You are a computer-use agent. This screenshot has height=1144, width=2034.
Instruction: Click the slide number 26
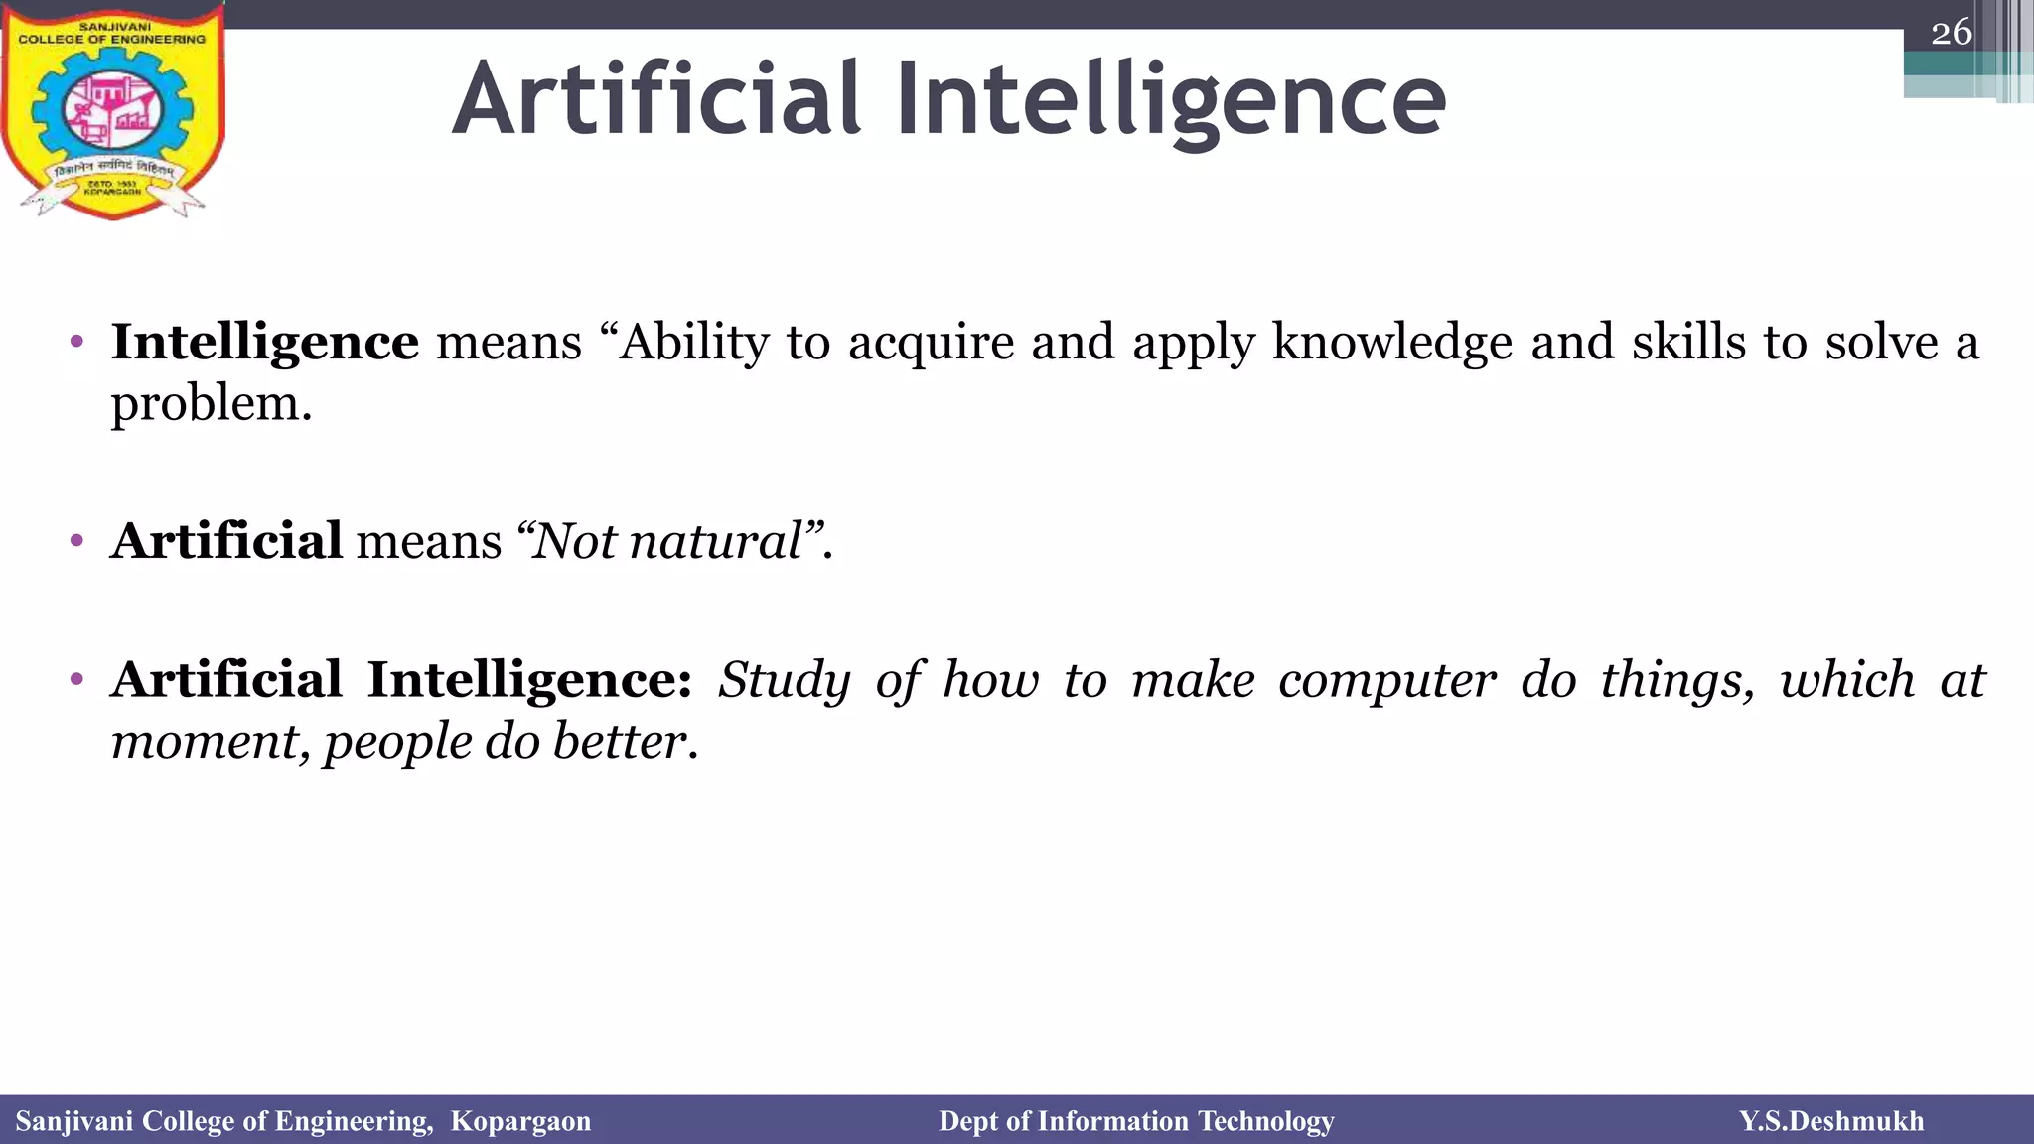click(x=1951, y=33)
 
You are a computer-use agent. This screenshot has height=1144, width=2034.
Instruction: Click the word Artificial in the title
click(x=656, y=99)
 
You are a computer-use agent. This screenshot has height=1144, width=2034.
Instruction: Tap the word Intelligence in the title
click(x=1171, y=99)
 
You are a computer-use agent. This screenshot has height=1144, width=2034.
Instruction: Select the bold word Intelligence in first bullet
click(x=264, y=343)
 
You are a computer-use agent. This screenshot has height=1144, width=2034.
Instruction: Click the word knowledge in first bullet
click(x=1392, y=343)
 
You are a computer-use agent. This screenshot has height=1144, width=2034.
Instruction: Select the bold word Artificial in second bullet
click(x=226, y=542)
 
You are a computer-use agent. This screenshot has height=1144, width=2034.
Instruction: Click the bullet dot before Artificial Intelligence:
click(x=77, y=681)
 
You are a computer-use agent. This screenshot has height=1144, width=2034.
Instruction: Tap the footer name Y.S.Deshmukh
click(x=1830, y=1121)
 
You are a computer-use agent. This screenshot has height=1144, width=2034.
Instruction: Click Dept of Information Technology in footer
click(x=1136, y=1121)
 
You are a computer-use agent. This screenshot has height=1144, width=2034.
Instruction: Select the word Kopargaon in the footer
click(x=520, y=1121)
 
